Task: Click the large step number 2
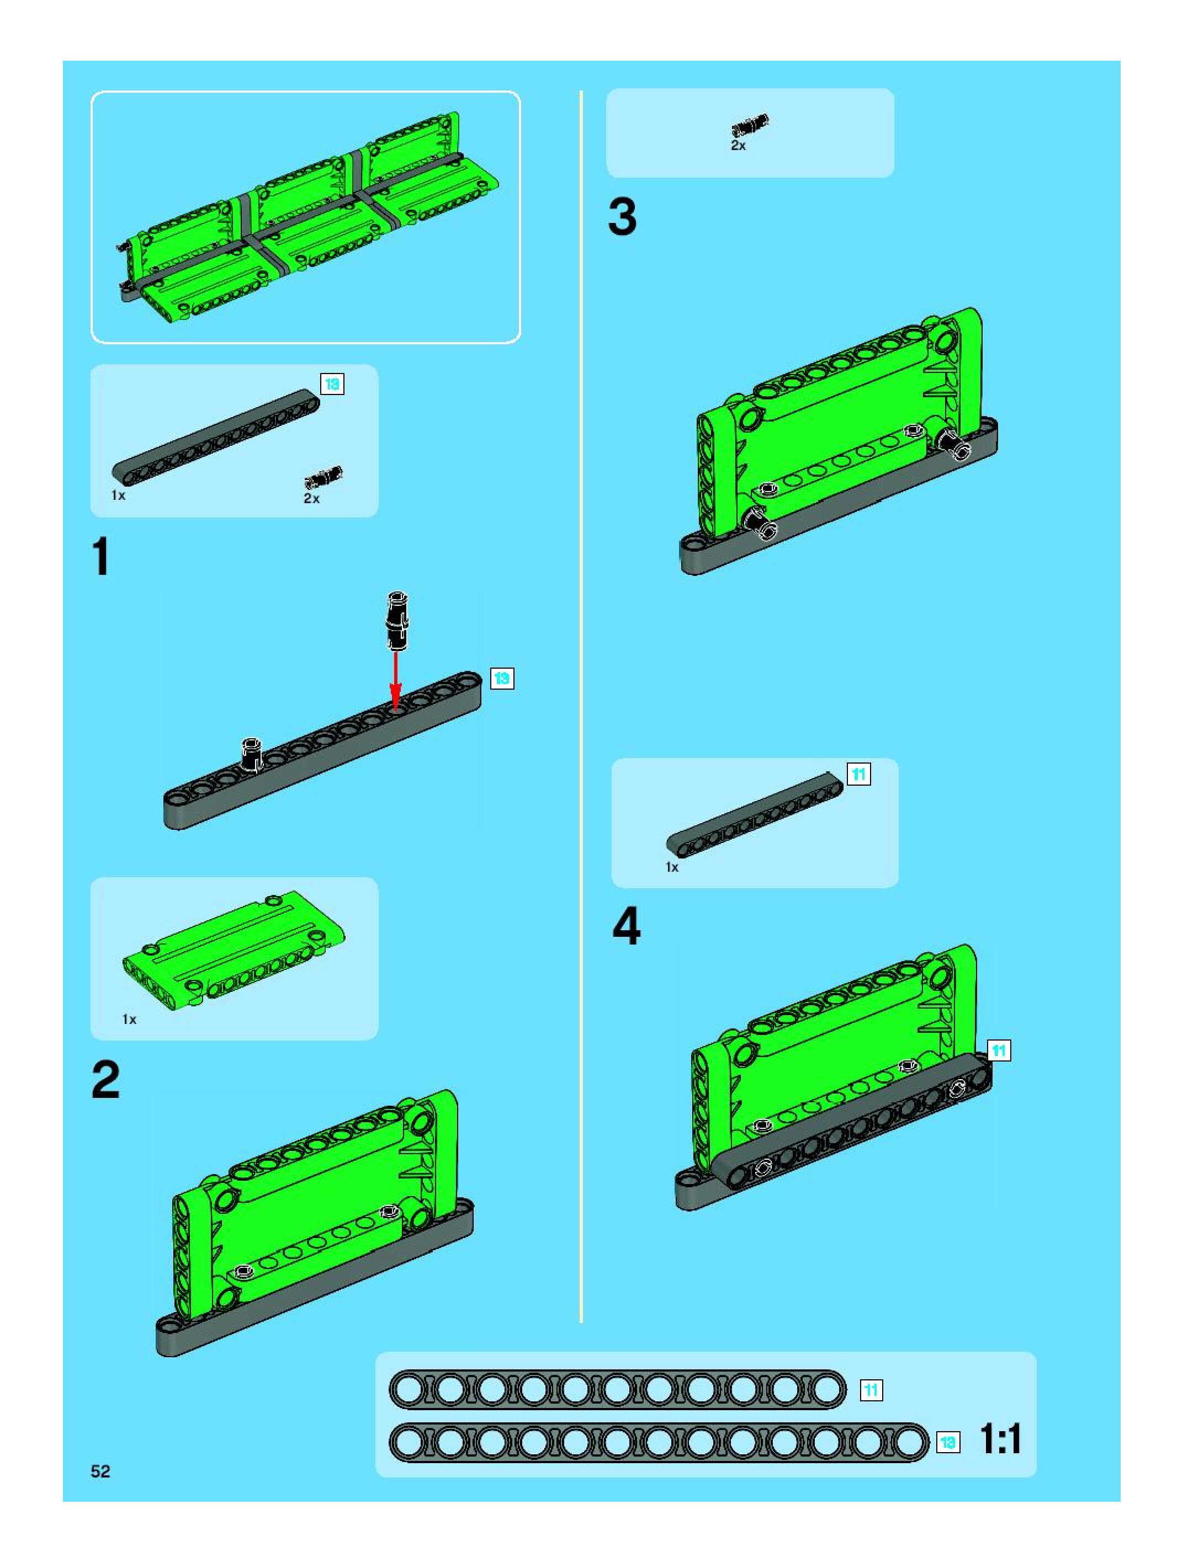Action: pos(105,1080)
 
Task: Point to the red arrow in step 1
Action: pos(396,678)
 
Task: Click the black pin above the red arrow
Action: pos(396,620)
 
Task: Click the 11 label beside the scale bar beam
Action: pos(871,1390)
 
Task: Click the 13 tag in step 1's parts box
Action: pos(332,384)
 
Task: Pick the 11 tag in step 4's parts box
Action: pos(859,774)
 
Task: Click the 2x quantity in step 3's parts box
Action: pos(738,145)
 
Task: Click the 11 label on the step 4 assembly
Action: pos(999,1050)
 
